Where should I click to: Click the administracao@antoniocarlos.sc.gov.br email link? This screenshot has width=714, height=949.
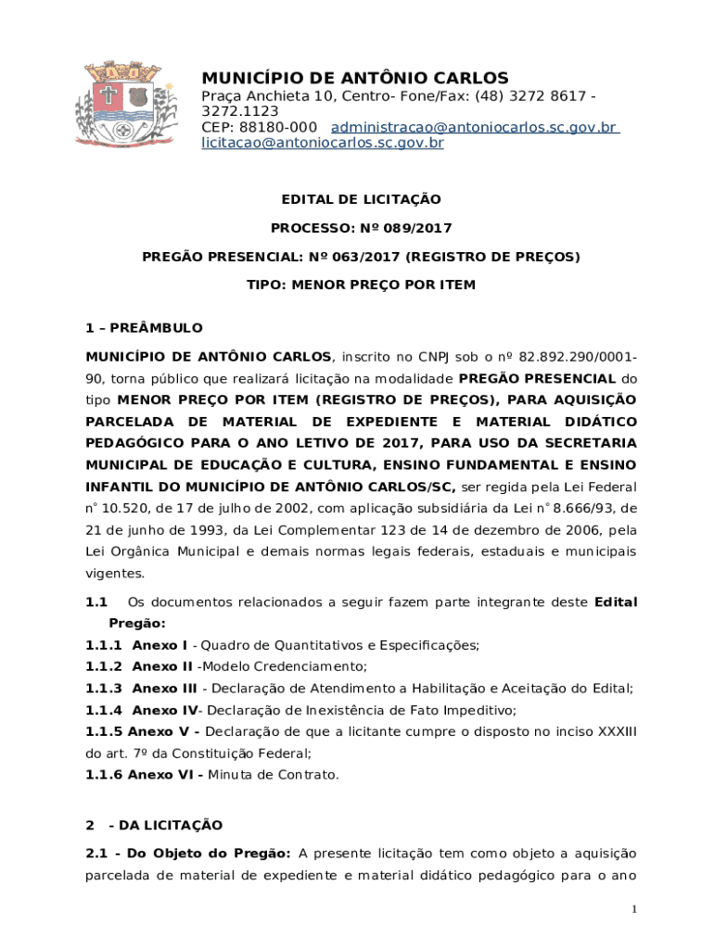click(474, 127)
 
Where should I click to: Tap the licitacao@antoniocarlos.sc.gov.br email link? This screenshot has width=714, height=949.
click(323, 144)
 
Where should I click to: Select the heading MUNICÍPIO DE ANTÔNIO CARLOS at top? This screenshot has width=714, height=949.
click(355, 78)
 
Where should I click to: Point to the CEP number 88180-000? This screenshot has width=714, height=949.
click(278, 127)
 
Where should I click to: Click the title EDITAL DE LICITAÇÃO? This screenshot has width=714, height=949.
click(361, 199)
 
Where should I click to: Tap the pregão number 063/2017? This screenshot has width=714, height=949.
click(366, 257)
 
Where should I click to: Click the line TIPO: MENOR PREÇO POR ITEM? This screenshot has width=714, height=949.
click(361, 285)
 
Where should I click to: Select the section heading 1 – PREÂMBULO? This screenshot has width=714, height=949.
click(144, 328)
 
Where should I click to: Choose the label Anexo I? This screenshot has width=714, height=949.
click(159, 645)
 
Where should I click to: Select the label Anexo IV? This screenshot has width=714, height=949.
click(165, 711)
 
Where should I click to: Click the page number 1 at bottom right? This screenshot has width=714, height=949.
click(634, 910)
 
